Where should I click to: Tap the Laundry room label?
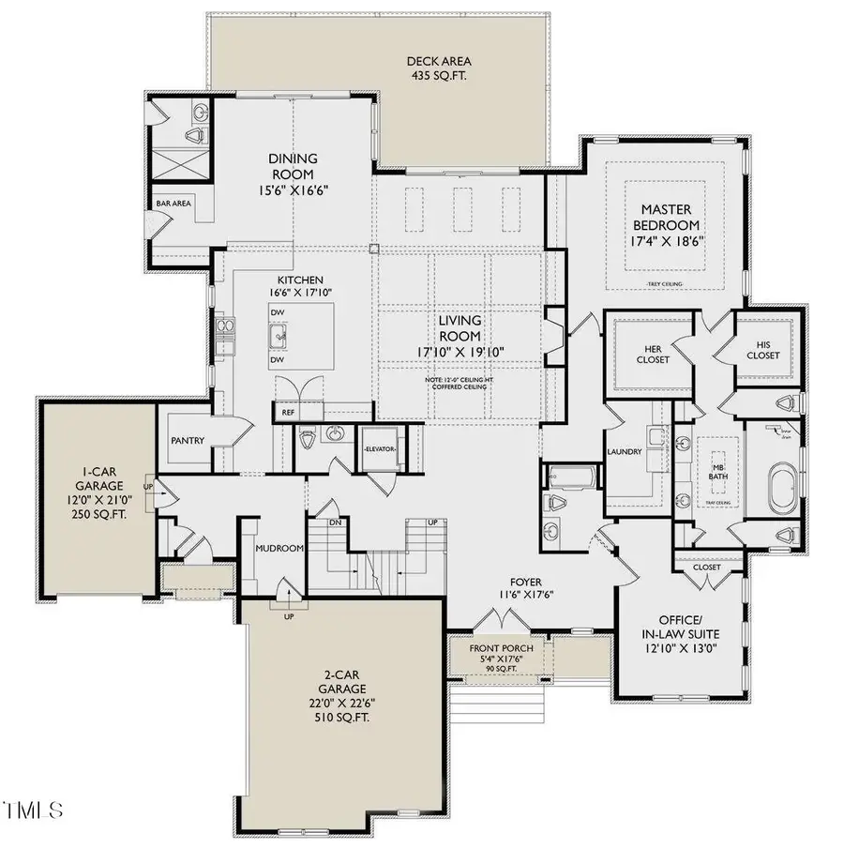point(625,452)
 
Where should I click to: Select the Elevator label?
point(381,449)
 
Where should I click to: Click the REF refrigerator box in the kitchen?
point(285,411)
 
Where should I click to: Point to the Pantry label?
point(188,440)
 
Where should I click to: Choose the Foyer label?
point(526,582)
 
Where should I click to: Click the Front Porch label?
point(504,648)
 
